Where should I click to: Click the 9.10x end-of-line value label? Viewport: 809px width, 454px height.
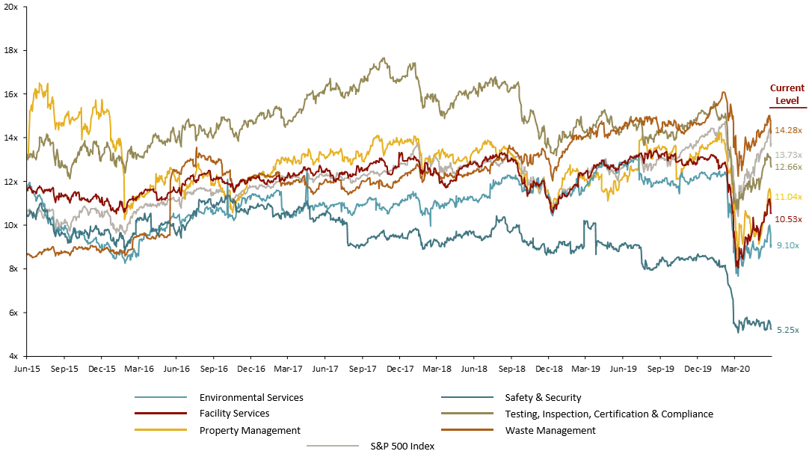[788, 245]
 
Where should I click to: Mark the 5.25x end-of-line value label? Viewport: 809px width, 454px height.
[788, 330]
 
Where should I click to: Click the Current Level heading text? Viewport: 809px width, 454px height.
[787, 94]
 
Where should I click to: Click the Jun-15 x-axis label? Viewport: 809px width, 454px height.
[27, 369]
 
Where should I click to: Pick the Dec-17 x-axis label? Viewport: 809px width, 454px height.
[400, 369]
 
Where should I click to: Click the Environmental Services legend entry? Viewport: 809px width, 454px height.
[251, 398]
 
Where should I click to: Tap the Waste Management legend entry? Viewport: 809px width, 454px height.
[550, 430]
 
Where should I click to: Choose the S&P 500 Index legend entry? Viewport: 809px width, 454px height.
[402, 447]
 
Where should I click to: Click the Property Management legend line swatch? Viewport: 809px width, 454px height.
[160, 430]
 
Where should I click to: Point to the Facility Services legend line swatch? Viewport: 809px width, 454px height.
[160, 414]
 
